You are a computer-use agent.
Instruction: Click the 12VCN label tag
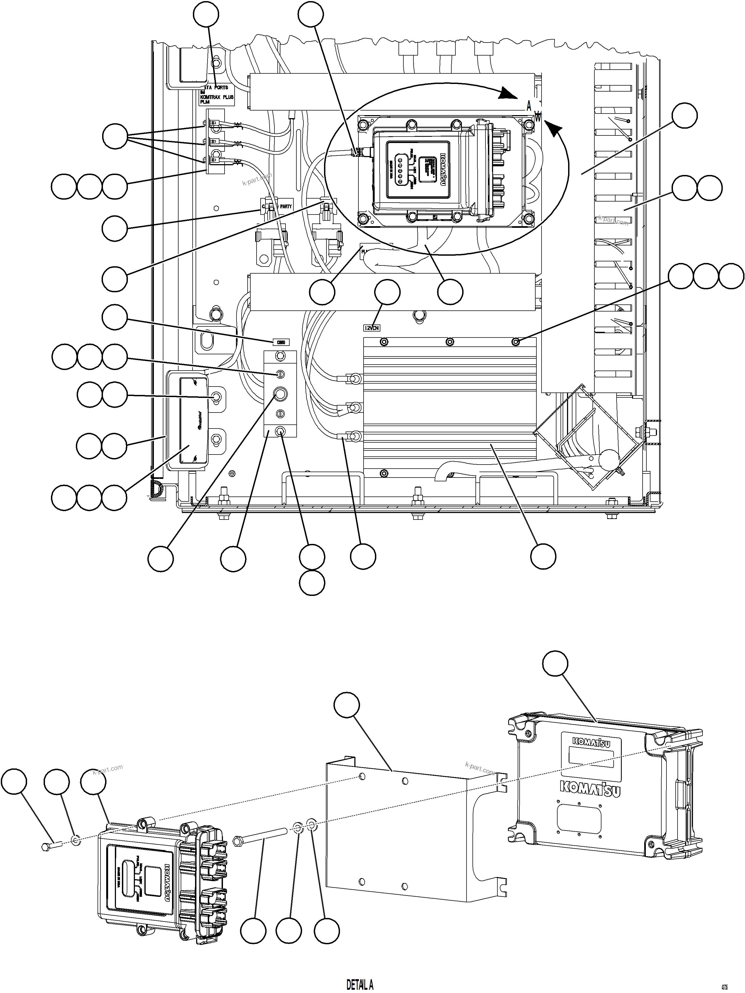click(372, 328)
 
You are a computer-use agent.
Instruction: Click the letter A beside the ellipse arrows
click(529, 107)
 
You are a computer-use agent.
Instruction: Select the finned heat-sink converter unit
click(449, 404)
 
